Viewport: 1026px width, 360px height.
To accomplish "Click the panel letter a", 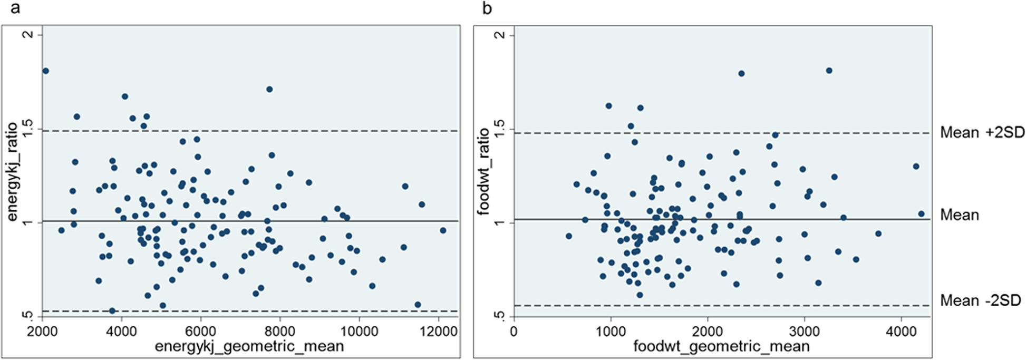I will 15,9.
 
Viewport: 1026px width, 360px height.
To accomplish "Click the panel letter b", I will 487,9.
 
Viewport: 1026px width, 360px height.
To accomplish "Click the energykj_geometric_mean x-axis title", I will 249,346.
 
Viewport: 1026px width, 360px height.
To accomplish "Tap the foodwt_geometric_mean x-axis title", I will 721,346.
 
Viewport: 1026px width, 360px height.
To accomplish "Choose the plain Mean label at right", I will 960,215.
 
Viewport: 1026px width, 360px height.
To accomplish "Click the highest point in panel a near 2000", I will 45,71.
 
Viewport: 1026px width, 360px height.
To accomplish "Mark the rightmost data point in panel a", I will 443,230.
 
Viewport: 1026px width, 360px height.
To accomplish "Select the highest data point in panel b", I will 829,70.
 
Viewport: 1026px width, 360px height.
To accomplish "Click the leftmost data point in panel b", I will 568,236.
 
